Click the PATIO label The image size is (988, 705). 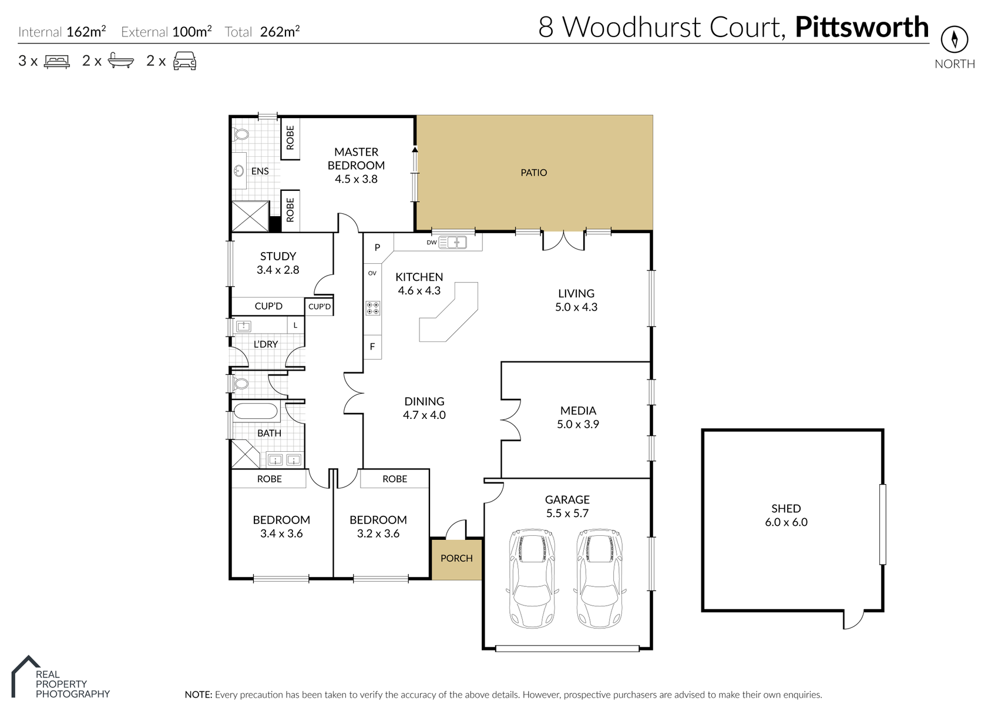[x=534, y=173]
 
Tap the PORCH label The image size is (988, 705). [x=456, y=558]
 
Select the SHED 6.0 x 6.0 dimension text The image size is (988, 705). [x=786, y=522]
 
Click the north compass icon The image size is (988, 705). [x=955, y=40]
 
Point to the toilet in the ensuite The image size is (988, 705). [x=240, y=133]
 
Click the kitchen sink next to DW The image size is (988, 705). [x=452, y=242]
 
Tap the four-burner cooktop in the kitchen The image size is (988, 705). [x=373, y=308]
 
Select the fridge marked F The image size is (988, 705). [x=372, y=347]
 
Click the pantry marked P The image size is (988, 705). [x=378, y=247]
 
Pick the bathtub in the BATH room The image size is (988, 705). [x=256, y=412]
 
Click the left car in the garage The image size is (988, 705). [x=532, y=578]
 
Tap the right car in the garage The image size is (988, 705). [x=600, y=578]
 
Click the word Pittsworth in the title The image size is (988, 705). [x=862, y=28]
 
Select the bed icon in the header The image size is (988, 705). [x=57, y=61]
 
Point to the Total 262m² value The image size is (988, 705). [x=280, y=31]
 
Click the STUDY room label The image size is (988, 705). [x=278, y=256]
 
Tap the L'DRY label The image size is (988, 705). [x=266, y=344]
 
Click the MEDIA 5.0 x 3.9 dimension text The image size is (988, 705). [x=578, y=424]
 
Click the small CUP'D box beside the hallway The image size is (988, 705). [x=319, y=307]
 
